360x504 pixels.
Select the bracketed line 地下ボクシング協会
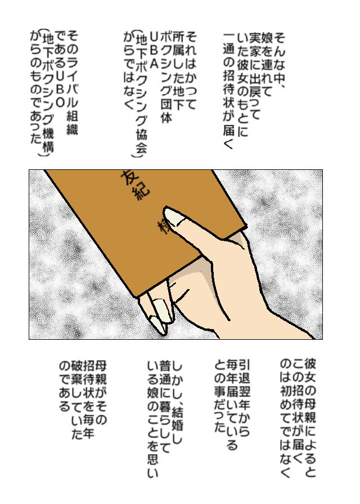click(x=141, y=93)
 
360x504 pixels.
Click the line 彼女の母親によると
click(x=310, y=418)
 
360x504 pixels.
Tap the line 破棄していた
click(x=78, y=399)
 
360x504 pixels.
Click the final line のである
click(x=65, y=386)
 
